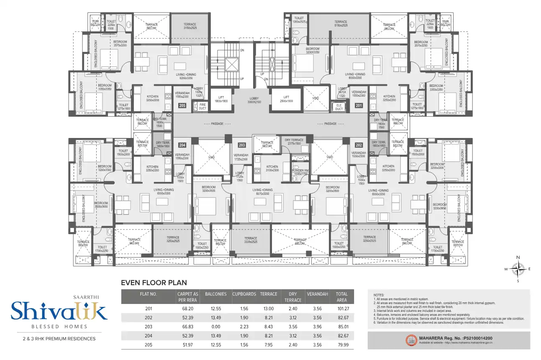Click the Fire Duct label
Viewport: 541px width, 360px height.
[x=203, y=107]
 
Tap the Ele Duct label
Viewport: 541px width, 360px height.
[x=339, y=107]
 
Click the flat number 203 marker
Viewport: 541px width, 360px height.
[x=242, y=145]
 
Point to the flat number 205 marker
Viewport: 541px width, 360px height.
[x=182, y=106]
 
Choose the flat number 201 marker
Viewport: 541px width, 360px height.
[x=359, y=106]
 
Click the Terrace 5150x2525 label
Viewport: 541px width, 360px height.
[x=341, y=24]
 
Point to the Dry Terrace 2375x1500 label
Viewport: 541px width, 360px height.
[x=294, y=142]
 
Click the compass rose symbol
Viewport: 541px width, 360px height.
[x=518, y=269]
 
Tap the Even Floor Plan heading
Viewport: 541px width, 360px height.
[x=154, y=283]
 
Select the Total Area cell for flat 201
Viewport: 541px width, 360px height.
[x=342, y=309]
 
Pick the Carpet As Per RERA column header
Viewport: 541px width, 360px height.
[x=187, y=297]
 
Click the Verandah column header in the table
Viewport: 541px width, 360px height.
[x=317, y=294]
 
